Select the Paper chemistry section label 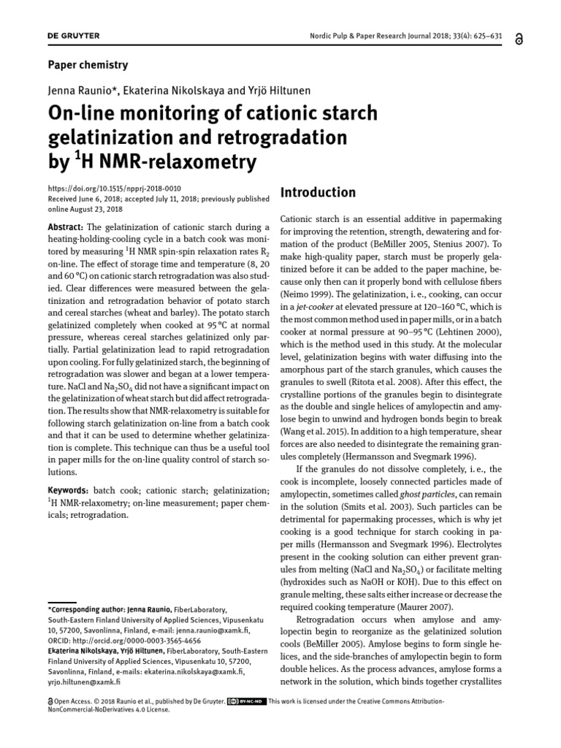pyautogui.click(x=87, y=65)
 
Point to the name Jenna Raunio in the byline pyautogui.click(x=77, y=91)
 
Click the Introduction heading pyautogui.click(x=318, y=193)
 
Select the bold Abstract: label pyautogui.click(x=67, y=227)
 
